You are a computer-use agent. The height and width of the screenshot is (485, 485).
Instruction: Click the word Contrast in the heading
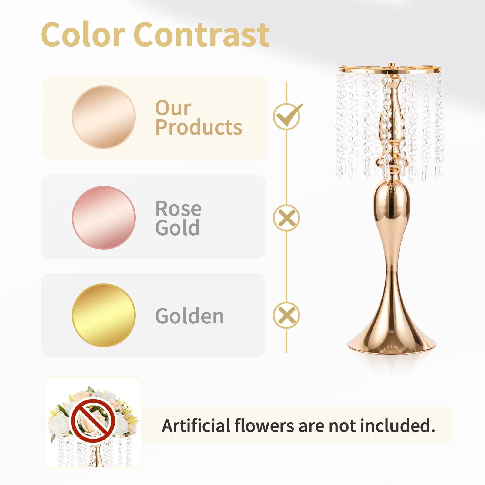[x=202, y=35]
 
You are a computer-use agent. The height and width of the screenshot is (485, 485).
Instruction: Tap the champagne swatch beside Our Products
[x=104, y=117]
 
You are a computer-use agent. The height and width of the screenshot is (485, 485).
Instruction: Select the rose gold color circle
[x=104, y=217]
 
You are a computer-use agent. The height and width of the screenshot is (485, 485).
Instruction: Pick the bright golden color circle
[x=104, y=315]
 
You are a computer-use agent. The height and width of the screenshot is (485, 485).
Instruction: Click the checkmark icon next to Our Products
[x=287, y=116]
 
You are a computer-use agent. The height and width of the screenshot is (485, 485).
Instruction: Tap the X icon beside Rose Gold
[x=286, y=218]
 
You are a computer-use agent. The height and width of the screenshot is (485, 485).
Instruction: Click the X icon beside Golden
[x=286, y=315]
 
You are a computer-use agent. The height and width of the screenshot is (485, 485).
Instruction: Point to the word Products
[x=199, y=128]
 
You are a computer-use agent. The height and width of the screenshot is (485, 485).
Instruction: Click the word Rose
[x=178, y=209]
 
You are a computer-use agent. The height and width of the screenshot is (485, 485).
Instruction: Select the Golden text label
[x=189, y=316]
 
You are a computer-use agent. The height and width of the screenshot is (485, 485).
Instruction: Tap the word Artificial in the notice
[x=196, y=425]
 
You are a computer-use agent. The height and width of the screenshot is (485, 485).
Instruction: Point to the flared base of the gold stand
[x=392, y=336]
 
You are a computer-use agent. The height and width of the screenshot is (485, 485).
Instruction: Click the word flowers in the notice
[x=264, y=425]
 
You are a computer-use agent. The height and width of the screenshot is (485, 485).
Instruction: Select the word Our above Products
[x=173, y=108]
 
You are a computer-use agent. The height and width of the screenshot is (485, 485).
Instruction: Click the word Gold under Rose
[x=177, y=228]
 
